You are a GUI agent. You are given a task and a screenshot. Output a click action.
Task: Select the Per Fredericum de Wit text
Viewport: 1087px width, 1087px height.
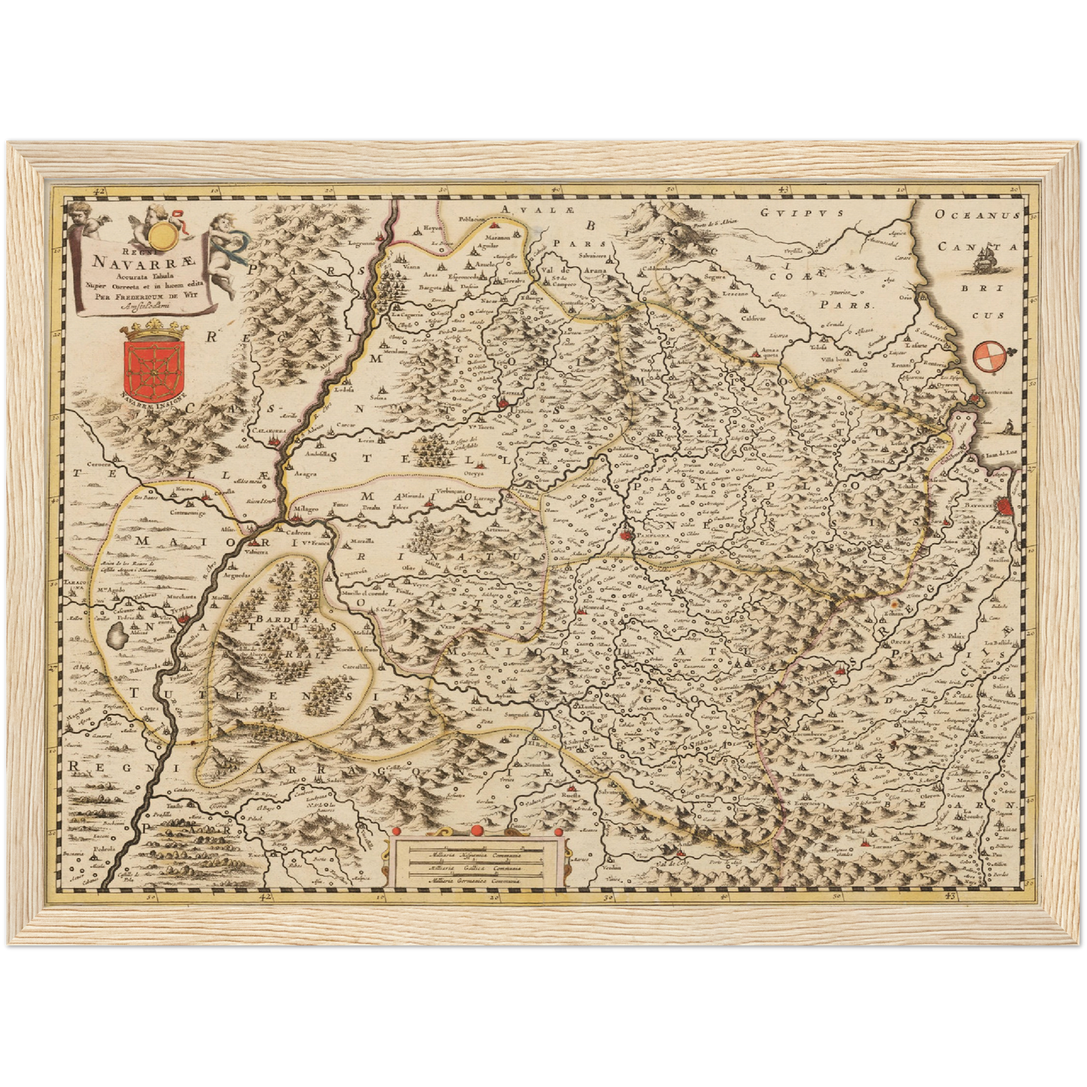pos(143,294)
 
